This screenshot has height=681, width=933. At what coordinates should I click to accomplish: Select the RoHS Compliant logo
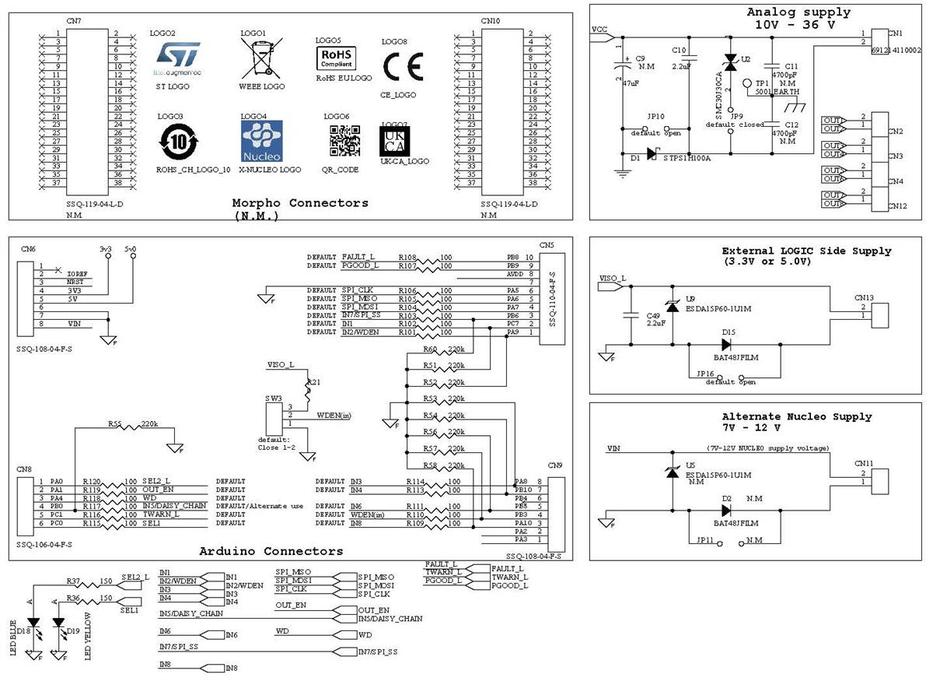[x=336, y=58]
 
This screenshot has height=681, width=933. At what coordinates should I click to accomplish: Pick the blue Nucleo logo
[x=261, y=141]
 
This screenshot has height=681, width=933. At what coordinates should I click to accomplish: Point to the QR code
[x=344, y=141]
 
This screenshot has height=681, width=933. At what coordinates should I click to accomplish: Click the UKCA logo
[x=395, y=140]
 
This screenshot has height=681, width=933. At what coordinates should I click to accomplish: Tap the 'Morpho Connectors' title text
[x=300, y=203]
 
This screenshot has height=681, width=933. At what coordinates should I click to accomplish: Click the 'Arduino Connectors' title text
[x=271, y=551]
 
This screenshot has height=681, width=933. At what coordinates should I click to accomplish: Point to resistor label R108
[x=407, y=256]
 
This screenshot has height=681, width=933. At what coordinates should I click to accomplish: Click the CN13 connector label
[x=864, y=297]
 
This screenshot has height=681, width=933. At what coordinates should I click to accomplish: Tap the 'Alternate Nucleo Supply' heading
[x=797, y=417]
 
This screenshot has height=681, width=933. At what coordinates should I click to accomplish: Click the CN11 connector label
[x=864, y=463]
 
